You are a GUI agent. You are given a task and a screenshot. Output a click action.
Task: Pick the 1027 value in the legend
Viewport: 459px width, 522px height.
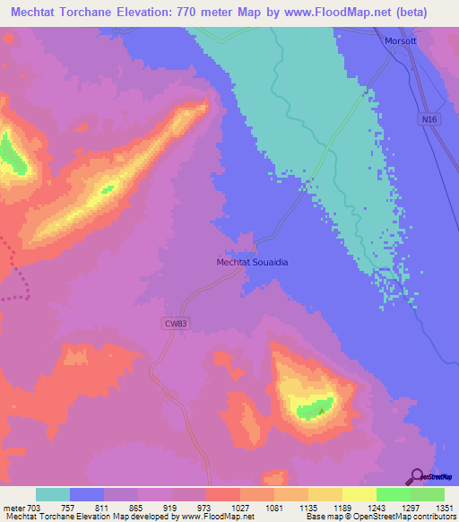coord(240,508)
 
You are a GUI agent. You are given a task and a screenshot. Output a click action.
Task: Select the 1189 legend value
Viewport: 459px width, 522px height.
coord(342,508)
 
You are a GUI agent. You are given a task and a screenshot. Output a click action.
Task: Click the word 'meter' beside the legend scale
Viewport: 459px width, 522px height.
coord(15,508)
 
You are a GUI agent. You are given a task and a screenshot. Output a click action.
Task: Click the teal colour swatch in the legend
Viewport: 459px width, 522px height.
coord(53,494)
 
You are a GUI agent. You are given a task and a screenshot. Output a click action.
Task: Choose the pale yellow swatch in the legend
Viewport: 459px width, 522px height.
coord(359,494)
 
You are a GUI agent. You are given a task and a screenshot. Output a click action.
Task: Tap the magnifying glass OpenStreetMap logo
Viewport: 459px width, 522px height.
coord(418,475)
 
